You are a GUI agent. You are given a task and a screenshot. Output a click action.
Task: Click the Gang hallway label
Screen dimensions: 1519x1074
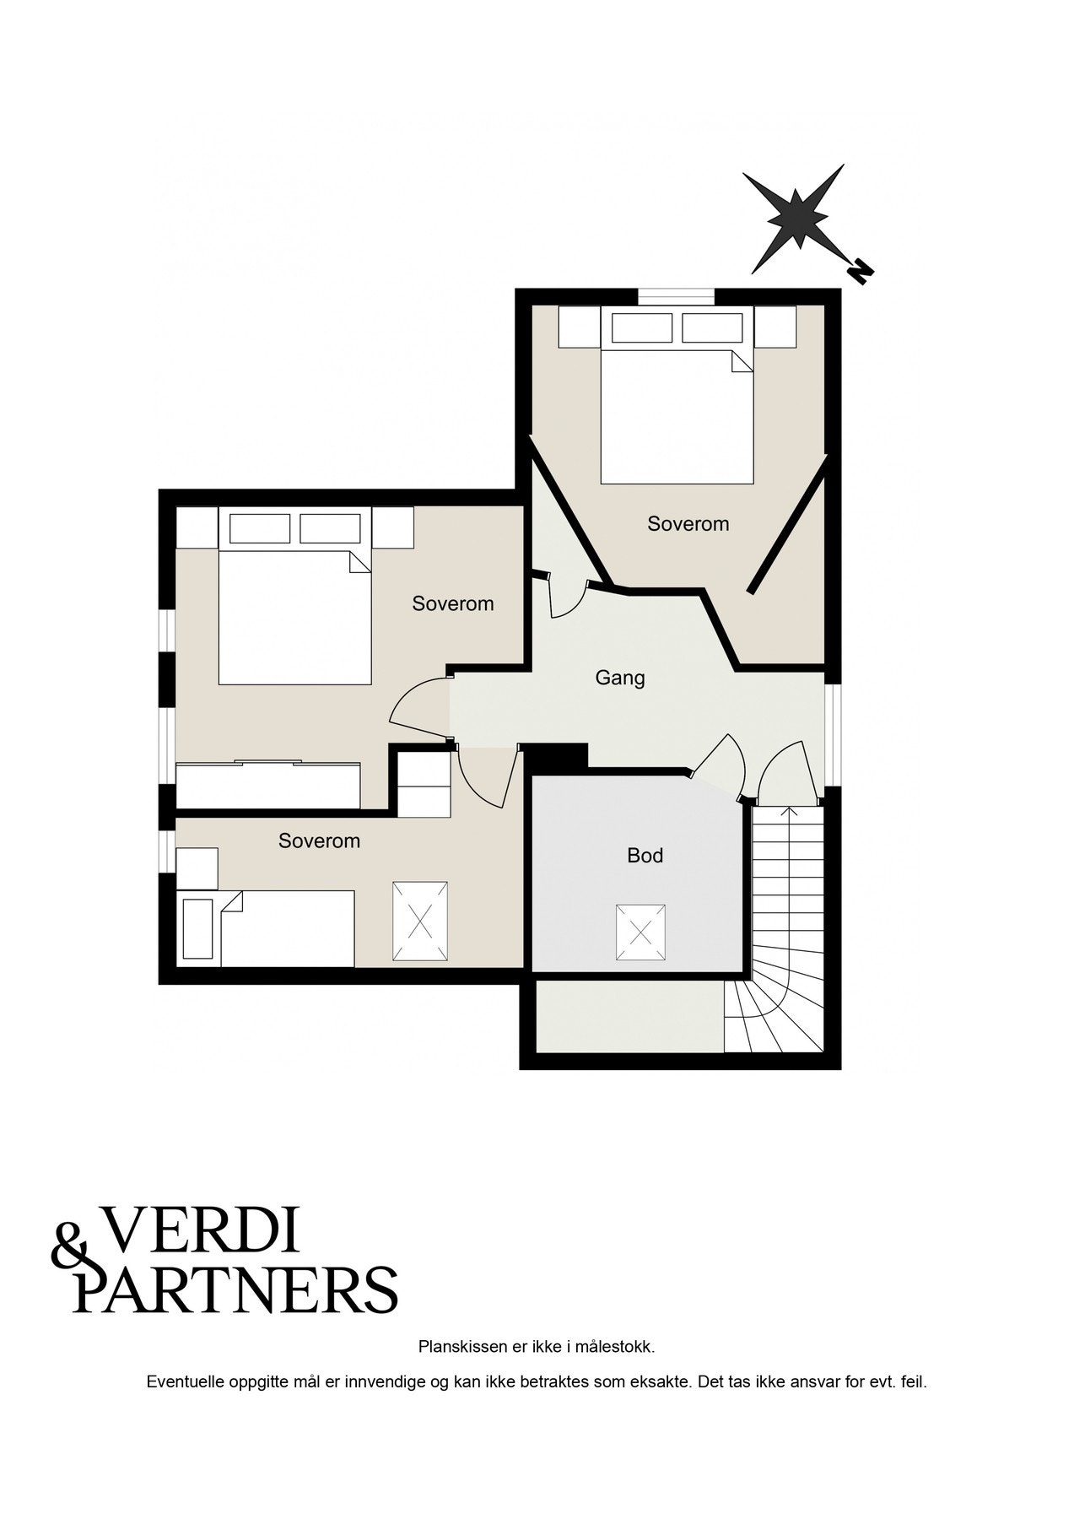point(619,678)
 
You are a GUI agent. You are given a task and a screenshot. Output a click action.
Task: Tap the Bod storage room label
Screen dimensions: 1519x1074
point(645,856)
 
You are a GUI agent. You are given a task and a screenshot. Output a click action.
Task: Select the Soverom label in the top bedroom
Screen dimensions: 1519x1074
point(688,524)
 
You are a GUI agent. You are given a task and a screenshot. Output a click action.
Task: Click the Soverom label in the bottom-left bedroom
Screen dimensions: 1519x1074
point(319,841)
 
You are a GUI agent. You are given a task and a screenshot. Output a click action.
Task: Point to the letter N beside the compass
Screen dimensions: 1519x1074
point(860,271)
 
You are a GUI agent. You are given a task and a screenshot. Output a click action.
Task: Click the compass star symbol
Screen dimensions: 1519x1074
point(796,218)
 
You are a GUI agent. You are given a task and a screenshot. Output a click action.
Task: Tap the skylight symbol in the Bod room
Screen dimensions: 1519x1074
point(641,932)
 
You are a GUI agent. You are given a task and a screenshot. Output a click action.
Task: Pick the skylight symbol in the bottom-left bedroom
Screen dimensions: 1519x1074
point(419,921)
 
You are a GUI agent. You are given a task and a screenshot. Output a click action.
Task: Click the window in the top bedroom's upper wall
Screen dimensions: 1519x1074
point(676,296)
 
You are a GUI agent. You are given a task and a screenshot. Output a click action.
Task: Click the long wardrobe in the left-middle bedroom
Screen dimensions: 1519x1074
point(268,785)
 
